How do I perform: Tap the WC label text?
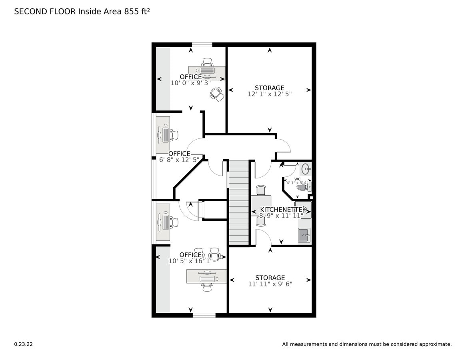pyautogui.click(x=297, y=179)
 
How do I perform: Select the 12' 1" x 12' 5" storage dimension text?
pyautogui.click(x=270, y=94)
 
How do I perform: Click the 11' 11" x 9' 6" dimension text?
pyautogui.click(x=270, y=284)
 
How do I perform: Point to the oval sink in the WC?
pyautogui.click(x=306, y=169)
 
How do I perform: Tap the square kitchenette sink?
pyautogui.click(x=304, y=235)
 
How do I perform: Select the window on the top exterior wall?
pyautogui.click(x=202, y=44)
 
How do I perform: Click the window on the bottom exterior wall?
pyautogui.click(x=204, y=315)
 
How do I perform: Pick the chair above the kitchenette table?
pyautogui.click(x=261, y=190)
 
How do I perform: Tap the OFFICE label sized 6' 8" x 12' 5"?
pyautogui.click(x=179, y=154)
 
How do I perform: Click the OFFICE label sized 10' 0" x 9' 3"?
pyautogui.click(x=191, y=77)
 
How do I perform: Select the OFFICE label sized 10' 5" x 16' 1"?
pyautogui.click(x=190, y=255)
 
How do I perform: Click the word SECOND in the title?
pyautogui.click(x=28, y=12)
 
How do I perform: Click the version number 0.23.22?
pyautogui.click(x=23, y=344)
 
